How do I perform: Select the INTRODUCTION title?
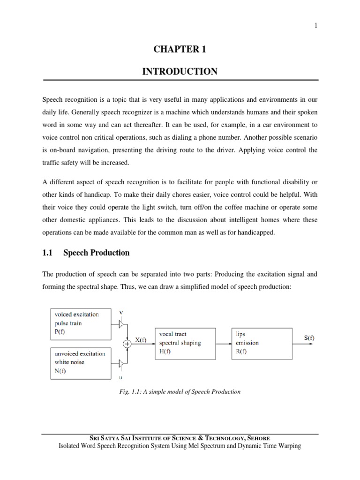coord(180,72)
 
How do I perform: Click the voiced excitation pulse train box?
coord(82,323)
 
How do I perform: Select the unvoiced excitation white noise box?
coord(82,362)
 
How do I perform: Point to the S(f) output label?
coord(308,337)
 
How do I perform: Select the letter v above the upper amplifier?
coord(122,312)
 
